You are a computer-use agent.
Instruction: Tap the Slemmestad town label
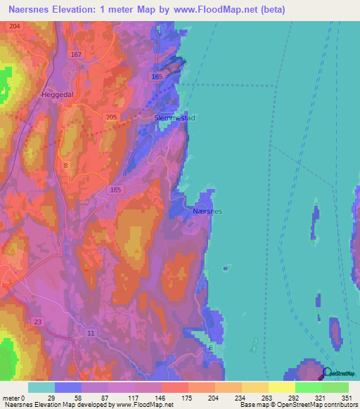pos(174,118)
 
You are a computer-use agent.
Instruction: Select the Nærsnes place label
pos(207,210)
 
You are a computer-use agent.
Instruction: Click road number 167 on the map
pos(77,55)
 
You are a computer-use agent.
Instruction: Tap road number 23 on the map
pos(37,321)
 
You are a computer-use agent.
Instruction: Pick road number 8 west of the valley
pos(66,165)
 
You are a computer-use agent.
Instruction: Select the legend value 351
pos(346,397)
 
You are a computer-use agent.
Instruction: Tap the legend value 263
pos(266,397)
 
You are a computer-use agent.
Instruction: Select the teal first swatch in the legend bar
pos(41,387)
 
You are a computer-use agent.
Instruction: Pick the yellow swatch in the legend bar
pos(281,387)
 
